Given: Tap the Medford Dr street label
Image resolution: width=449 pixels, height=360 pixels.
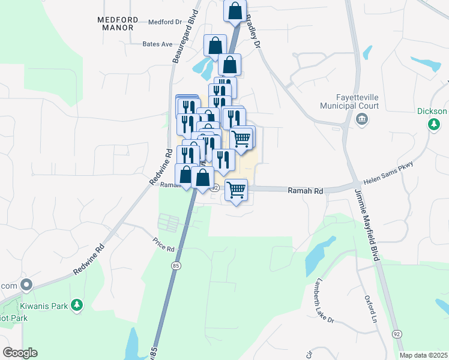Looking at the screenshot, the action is [164, 22].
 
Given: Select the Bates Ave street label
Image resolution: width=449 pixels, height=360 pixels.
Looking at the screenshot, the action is [157, 44].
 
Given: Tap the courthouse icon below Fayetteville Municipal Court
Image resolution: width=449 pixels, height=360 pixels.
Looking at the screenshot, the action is [361, 118].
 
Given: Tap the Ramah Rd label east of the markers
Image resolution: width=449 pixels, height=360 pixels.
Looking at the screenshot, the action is [306, 191].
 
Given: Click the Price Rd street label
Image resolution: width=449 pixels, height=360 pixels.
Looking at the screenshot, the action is [163, 246].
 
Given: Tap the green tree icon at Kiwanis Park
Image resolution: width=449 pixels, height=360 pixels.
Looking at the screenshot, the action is [76, 306].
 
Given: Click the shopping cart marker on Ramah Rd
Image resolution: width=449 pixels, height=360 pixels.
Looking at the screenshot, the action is [237, 190].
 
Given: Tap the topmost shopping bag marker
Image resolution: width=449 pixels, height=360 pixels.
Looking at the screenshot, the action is [235, 10].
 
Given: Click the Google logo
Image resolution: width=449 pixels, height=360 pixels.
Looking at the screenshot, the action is [20, 353].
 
